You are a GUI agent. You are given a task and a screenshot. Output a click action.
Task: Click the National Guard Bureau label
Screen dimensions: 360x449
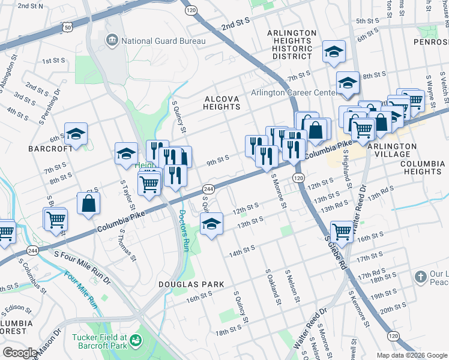163,41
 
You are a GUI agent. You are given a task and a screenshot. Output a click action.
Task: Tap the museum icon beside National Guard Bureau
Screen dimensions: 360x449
112,40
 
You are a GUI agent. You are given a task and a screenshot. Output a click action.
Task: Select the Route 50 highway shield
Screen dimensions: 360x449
68,27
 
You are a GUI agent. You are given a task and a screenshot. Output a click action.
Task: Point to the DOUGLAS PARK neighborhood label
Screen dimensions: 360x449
191,284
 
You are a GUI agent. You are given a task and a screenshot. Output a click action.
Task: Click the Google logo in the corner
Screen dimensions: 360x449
20,353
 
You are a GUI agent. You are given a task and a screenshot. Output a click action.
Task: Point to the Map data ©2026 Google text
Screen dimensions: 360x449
412,355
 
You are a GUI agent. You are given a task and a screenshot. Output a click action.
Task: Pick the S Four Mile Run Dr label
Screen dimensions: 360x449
82,262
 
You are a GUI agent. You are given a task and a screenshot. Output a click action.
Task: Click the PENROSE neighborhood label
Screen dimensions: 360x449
430,42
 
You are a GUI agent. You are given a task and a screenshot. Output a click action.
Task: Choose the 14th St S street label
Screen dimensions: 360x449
242,249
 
